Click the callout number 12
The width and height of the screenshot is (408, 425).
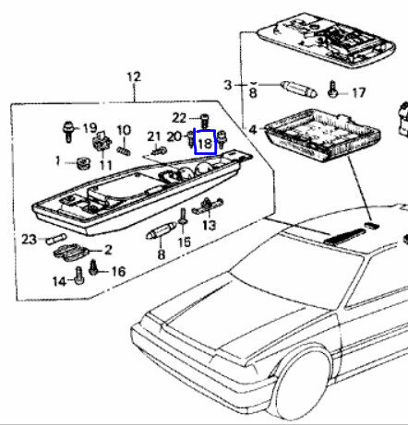[134, 77]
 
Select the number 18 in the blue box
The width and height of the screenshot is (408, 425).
[206, 144]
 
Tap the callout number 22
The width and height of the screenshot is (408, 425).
[179, 118]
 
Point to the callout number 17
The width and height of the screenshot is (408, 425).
[358, 92]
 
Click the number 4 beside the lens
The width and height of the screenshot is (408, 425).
[253, 130]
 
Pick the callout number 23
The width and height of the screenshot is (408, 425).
[29, 239]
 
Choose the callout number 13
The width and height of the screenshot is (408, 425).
[210, 225]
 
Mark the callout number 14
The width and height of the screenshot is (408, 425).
[59, 281]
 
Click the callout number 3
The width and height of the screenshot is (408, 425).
[227, 85]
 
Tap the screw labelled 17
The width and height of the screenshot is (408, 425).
[332, 89]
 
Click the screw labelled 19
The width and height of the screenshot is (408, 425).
[68, 132]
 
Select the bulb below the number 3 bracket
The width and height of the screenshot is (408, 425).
[299, 89]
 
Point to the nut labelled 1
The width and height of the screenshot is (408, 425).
[83, 163]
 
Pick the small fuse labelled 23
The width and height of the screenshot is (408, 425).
[56, 239]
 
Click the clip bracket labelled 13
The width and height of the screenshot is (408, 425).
[208, 206]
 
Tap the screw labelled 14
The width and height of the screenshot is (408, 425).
[79, 276]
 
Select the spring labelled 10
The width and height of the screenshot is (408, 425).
[124, 150]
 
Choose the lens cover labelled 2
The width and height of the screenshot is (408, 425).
[71, 252]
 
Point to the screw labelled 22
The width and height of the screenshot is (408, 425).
[204, 121]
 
